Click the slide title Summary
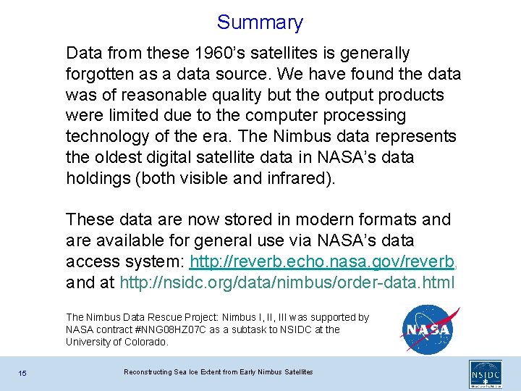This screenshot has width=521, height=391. click(x=260, y=22)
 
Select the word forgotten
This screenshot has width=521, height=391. click(x=102, y=75)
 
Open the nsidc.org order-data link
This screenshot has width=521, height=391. click(x=287, y=282)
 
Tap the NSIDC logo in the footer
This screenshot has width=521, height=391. click(x=485, y=373)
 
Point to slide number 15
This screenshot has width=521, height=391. click(x=23, y=373)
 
